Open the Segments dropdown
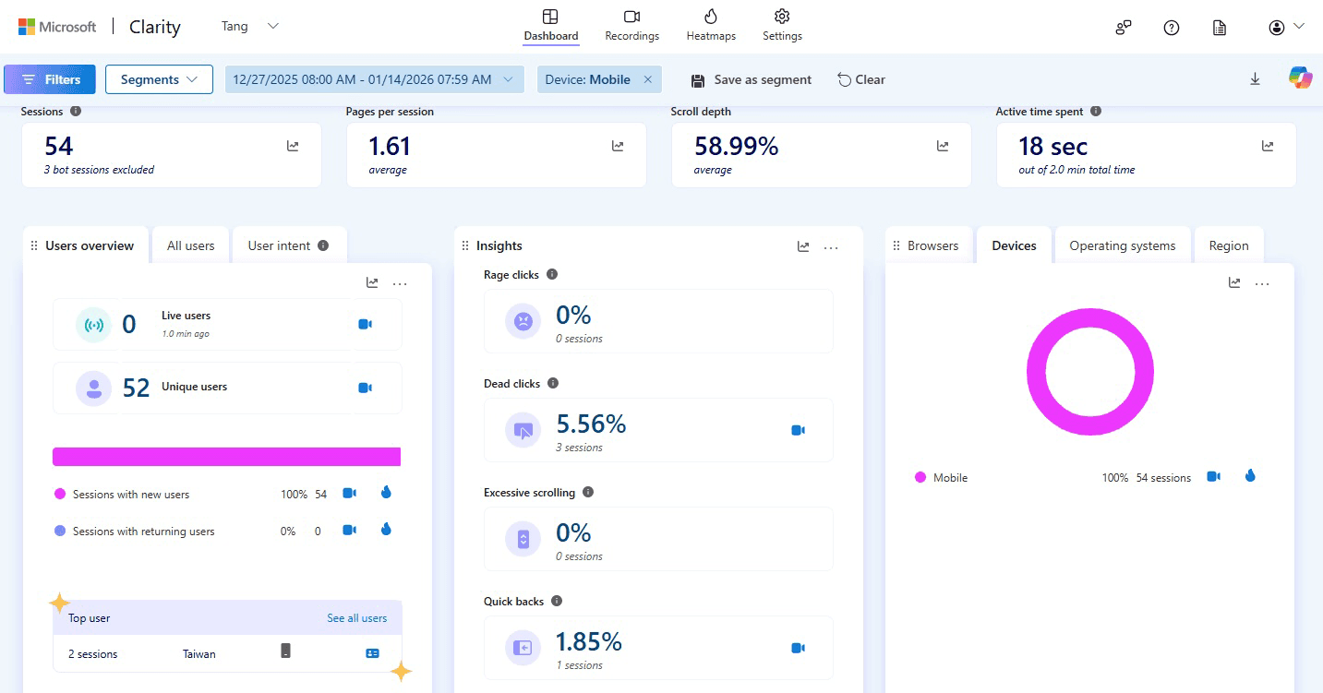pyautogui.click(x=159, y=79)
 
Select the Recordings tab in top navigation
pyautogui.click(x=631, y=26)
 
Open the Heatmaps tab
pyautogui.click(x=711, y=26)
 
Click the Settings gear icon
pyautogui.click(x=782, y=18)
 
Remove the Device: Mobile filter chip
pyautogui.click(x=647, y=79)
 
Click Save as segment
pyautogui.click(x=752, y=79)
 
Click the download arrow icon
pyautogui.click(x=1255, y=79)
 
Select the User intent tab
pyautogui.click(x=288, y=245)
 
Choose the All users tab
pyautogui.click(x=190, y=245)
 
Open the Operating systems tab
pyautogui.click(x=1122, y=245)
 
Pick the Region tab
pyautogui.click(x=1228, y=245)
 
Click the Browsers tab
pyautogui.click(x=932, y=245)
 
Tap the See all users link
pyautogui.click(x=356, y=618)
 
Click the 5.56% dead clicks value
pyautogui.click(x=591, y=424)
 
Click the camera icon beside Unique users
pyautogui.click(x=365, y=388)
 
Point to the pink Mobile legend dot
pyautogui.click(x=920, y=478)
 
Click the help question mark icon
pyautogui.click(x=1172, y=28)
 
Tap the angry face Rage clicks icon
pyautogui.click(x=523, y=321)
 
